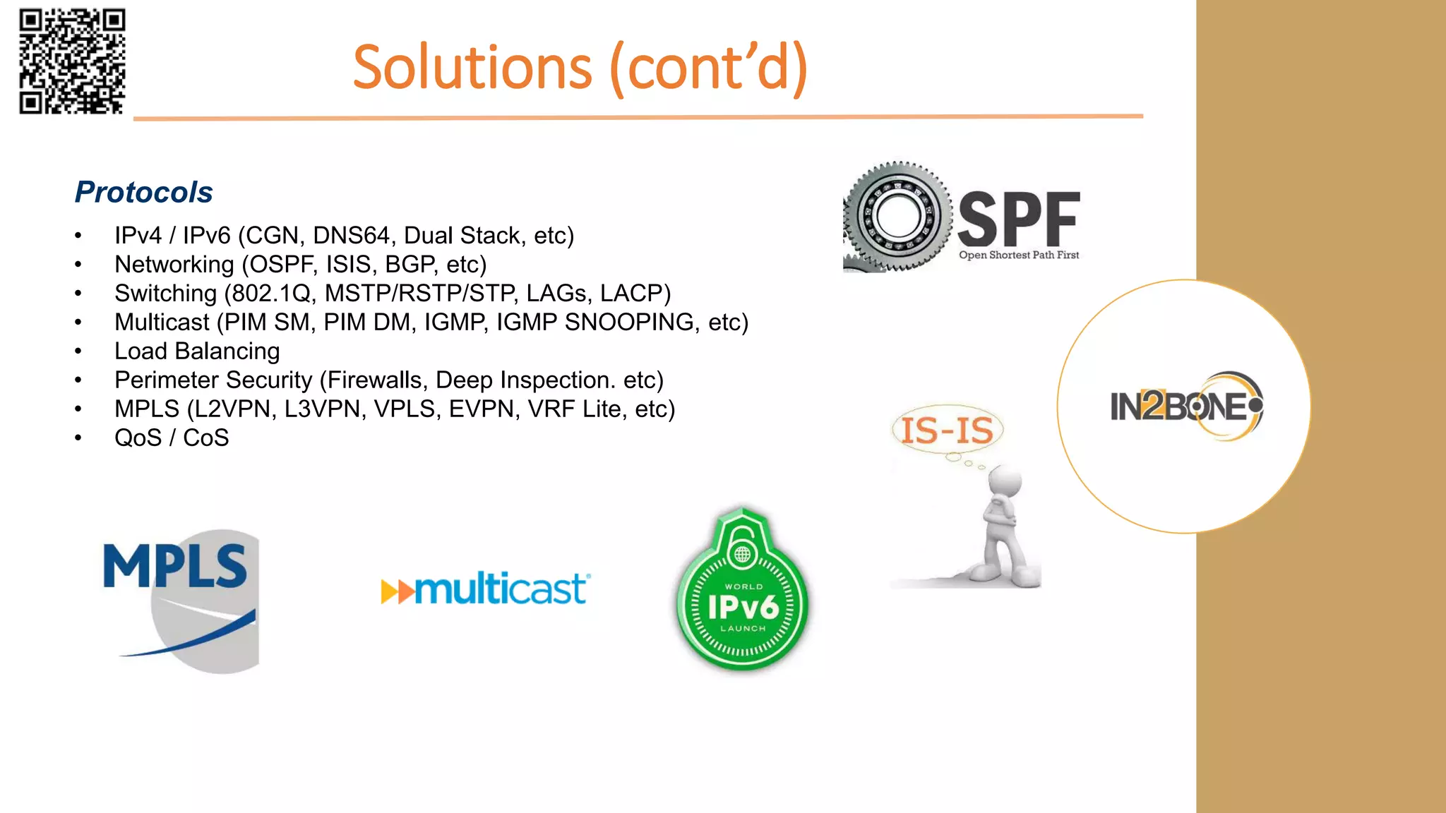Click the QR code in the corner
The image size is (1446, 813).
(72, 61)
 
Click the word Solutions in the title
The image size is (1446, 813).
(472, 68)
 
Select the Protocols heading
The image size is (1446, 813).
(144, 192)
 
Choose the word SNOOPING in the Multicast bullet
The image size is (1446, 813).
(629, 322)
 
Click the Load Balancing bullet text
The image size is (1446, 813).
(197, 351)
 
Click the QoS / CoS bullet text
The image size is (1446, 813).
(172, 438)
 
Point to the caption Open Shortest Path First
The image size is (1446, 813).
(1018, 255)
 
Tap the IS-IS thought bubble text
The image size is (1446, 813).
(947, 430)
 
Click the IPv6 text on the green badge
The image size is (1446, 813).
(743, 607)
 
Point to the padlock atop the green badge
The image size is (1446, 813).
(742, 543)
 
